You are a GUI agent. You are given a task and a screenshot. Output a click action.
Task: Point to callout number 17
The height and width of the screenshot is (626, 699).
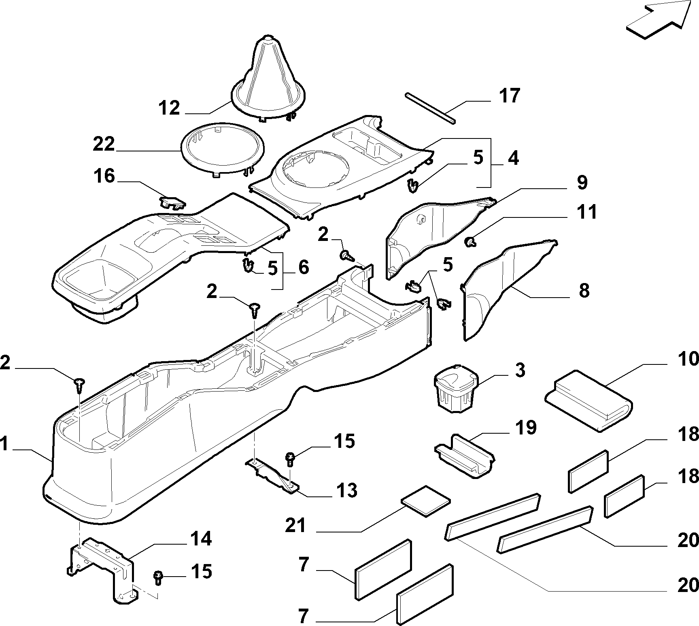[509, 96]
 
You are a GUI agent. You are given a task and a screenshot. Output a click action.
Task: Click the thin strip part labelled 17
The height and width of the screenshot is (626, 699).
[430, 107]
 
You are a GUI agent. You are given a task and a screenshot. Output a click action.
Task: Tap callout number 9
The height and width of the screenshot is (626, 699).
[582, 183]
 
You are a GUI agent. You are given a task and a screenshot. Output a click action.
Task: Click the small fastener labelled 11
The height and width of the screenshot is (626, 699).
[470, 242]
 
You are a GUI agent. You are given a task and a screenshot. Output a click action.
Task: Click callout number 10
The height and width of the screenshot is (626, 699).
[688, 359]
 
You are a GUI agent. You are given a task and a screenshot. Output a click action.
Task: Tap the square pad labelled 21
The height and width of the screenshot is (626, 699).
[425, 501]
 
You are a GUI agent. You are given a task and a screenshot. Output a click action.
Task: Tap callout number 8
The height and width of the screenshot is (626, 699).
[584, 291]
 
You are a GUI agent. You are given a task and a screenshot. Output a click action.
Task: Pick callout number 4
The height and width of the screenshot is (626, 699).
[513, 158]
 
